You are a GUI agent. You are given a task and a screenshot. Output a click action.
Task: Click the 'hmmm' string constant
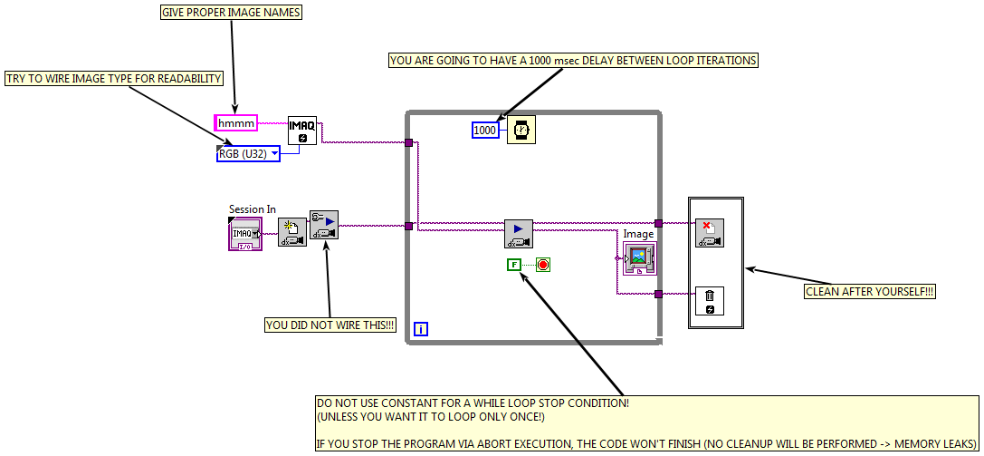click(x=236, y=122)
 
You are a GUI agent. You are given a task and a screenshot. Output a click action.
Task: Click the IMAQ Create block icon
click(x=302, y=131)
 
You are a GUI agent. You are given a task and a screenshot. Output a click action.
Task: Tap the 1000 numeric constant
click(x=485, y=130)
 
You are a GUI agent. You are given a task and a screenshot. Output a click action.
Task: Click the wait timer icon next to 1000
click(x=521, y=130)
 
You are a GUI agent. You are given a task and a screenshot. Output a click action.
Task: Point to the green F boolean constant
click(x=514, y=265)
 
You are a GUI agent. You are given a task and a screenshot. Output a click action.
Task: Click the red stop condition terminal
click(x=543, y=265)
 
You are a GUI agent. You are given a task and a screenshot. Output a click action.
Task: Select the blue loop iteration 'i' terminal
click(x=421, y=330)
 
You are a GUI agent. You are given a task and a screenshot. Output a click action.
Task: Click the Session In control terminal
click(x=245, y=234)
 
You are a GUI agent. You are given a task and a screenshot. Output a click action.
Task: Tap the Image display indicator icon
click(x=639, y=257)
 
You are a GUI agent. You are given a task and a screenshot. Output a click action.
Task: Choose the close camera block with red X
click(x=710, y=233)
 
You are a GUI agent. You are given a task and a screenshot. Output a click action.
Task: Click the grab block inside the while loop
click(x=519, y=233)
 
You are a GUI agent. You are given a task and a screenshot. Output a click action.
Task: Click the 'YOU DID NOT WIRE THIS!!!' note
click(x=330, y=325)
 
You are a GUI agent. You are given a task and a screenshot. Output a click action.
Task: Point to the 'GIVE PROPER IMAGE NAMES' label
click(x=231, y=13)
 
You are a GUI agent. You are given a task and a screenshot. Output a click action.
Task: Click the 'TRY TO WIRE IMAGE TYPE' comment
click(x=114, y=79)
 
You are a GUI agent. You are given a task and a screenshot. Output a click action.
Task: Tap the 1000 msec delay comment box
click(x=573, y=61)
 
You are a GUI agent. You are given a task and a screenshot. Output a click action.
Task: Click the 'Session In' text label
click(x=253, y=209)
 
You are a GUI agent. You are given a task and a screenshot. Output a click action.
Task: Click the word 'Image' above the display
click(x=638, y=234)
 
